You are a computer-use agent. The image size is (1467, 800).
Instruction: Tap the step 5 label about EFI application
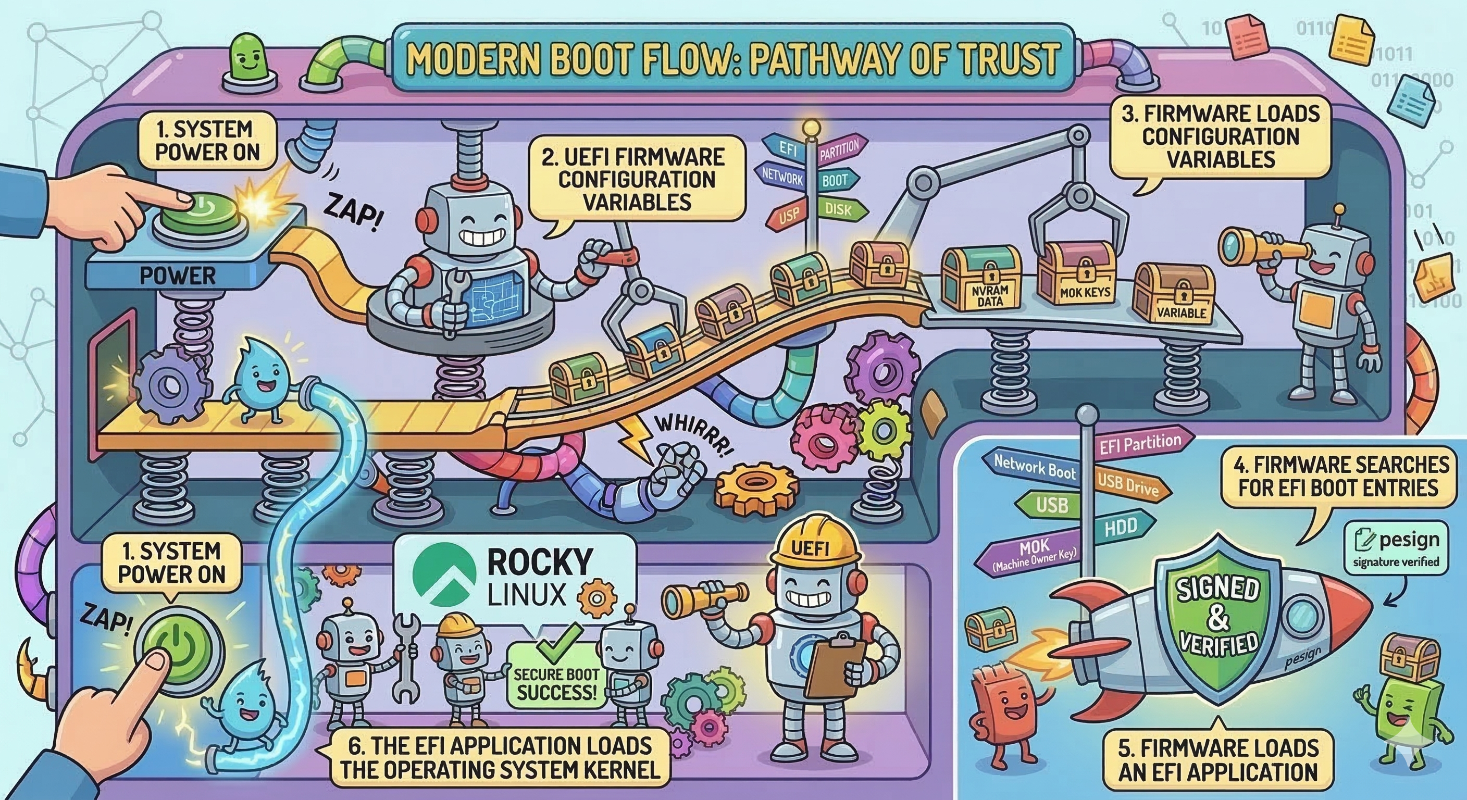[1219, 760]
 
